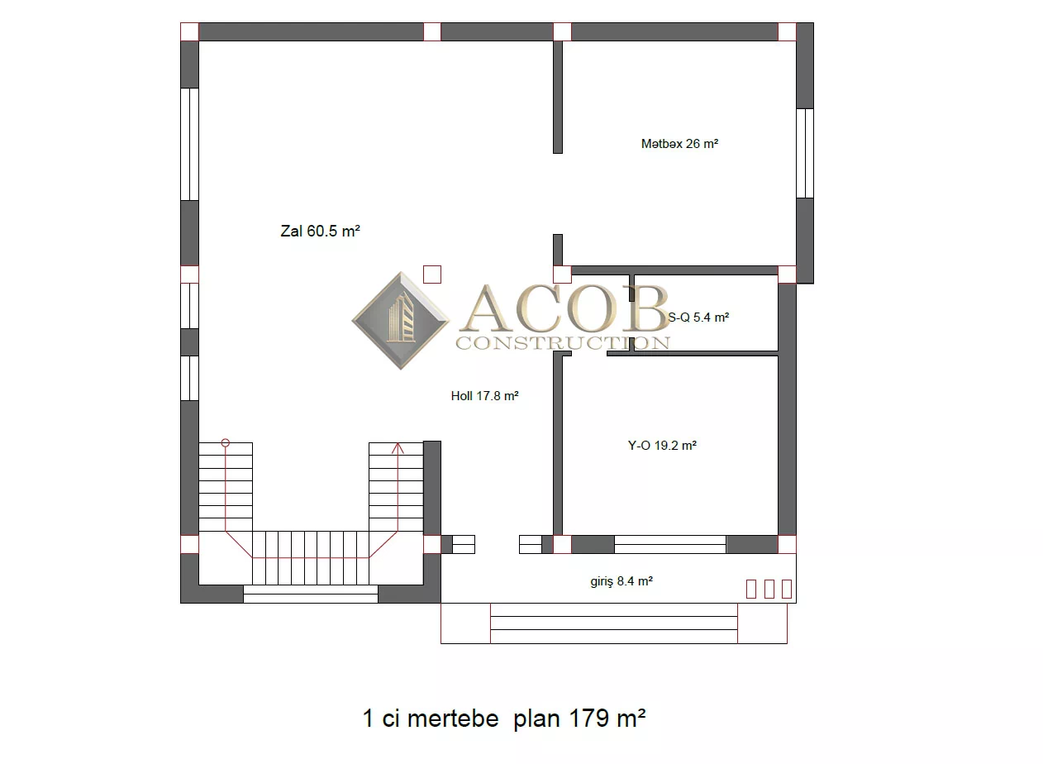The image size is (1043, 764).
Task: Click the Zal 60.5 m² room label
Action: point(320,231)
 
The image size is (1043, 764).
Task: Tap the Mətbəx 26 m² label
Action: point(679,144)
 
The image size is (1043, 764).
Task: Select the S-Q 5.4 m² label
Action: point(698,318)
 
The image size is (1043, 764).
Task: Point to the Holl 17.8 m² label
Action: point(484,396)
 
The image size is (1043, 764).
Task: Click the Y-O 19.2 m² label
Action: point(662,446)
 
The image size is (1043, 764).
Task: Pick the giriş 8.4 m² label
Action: point(622,581)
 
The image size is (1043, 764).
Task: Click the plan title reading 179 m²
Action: point(504,718)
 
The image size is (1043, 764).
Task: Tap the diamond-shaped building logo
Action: point(401,321)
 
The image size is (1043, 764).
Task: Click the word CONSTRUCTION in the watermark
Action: point(563,343)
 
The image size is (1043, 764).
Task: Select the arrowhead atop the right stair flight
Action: point(398,448)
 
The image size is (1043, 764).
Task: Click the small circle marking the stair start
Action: point(226,442)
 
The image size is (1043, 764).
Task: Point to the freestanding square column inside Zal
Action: point(432,275)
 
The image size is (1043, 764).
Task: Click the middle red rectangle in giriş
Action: point(769,589)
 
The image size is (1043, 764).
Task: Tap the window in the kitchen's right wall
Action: point(805,153)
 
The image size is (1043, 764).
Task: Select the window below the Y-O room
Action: point(670,544)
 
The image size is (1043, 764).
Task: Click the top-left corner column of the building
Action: point(189,31)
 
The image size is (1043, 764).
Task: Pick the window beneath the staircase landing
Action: point(311,594)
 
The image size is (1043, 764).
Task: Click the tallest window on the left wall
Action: point(189,145)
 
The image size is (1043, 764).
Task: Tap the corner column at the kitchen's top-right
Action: point(787,31)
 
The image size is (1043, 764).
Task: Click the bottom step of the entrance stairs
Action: point(614,637)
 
